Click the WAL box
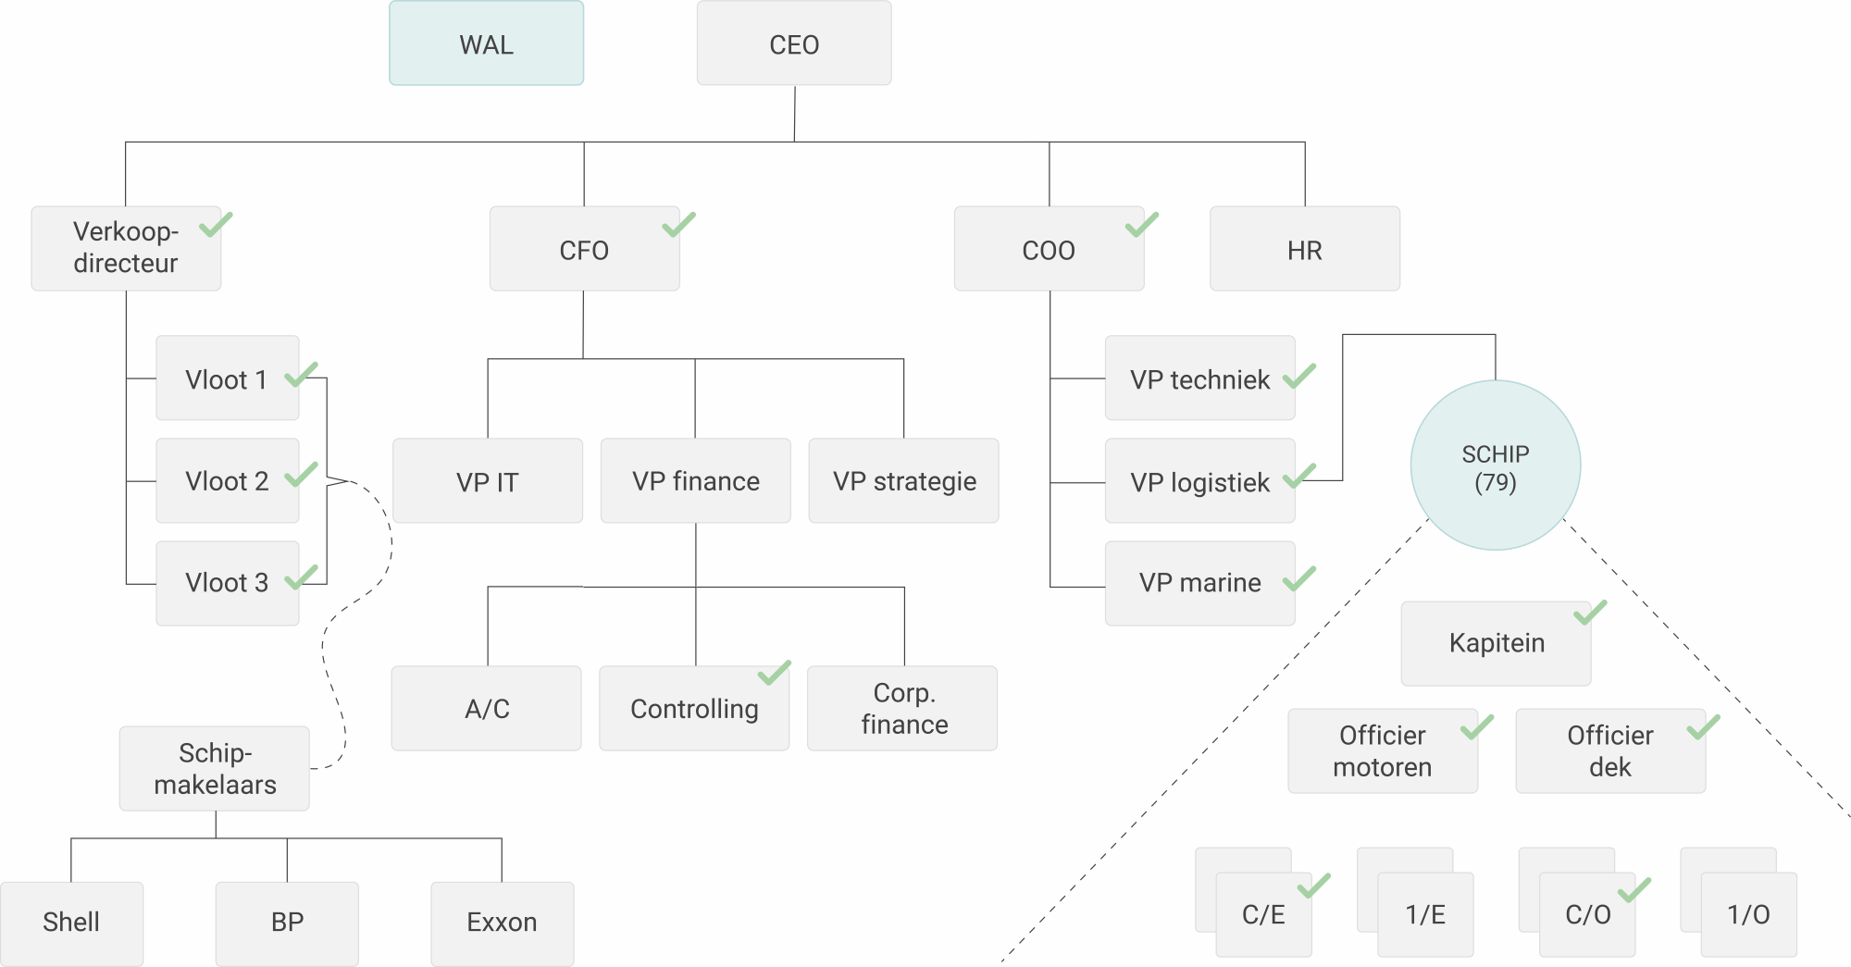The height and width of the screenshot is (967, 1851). [486, 43]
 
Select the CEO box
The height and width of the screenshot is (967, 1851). [794, 43]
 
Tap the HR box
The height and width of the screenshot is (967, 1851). [1304, 249]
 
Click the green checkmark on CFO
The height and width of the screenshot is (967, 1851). [678, 225]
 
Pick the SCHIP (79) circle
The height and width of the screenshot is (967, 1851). [1495, 465]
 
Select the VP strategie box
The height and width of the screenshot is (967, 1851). [903, 481]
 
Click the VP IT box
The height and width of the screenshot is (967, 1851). [488, 481]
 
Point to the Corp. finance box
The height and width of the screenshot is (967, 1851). [902, 708]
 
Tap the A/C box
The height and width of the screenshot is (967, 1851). [487, 708]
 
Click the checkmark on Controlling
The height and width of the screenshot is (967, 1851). [774, 673]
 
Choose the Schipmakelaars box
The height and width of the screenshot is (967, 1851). [215, 768]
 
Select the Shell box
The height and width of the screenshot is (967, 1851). [71, 923]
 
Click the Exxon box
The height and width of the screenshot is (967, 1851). [502, 923]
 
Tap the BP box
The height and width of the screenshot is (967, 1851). [287, 923]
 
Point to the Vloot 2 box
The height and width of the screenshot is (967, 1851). [227, 481]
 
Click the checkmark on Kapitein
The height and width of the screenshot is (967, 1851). [1590, 613]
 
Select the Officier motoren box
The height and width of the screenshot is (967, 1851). [1382, 750]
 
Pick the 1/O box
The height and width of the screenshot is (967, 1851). [1748, 915]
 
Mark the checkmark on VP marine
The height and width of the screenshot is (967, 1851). [1299, 579]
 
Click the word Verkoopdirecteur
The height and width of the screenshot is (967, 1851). [126, 247]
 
